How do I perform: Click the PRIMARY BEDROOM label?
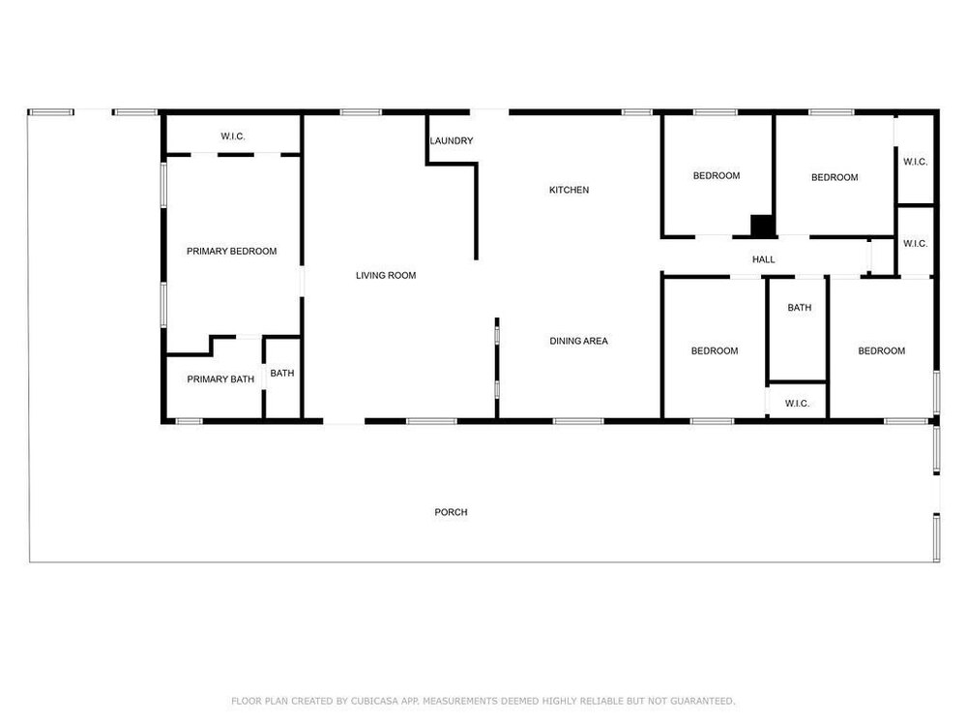click(x=231, y=252)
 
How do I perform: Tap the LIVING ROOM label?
click(x=386, y=275)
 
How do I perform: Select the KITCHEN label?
click(x=569, y=190)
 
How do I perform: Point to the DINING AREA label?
click(x=578, y=341)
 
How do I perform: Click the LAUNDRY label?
click(x=452, y=140)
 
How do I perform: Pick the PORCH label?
click(x=451, y=512)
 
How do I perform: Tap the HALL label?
click(x=764, y=259)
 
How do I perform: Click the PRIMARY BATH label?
click(x=220, y=379)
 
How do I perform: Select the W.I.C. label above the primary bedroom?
click(x=233, y=136)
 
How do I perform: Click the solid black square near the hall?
click(x=762, y=226)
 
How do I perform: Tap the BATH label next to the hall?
click(x=800, y=308)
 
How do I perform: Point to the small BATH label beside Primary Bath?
click(x=281, y=373)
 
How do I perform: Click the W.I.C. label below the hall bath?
click(x=797, y=404)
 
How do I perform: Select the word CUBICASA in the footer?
click(x=374, y=701)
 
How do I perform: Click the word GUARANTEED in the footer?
click(x=702, y=701)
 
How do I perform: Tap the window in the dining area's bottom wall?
click(x=578, y=422)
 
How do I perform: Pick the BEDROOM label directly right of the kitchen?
click(x=716, y=176)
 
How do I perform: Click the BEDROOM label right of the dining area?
click(x=715, y=350)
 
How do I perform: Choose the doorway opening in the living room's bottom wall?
click(x=344, y=422)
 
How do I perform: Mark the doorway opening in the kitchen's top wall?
click(x=489, y=112)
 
